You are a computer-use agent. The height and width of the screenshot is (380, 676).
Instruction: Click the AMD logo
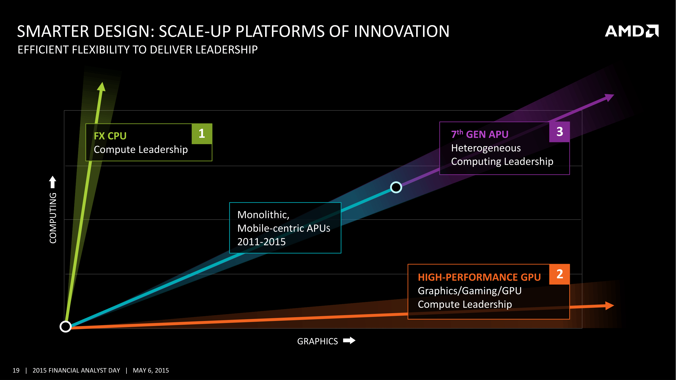(631, 31)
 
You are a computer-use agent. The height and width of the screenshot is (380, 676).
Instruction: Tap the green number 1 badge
(202, 134)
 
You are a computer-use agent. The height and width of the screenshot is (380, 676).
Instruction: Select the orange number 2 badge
(559, 274)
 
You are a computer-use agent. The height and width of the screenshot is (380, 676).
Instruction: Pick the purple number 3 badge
(559, 132)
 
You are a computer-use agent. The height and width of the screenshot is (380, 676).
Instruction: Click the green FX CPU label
(110, 136)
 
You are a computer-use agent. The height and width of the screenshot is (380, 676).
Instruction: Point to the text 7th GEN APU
(480, 134)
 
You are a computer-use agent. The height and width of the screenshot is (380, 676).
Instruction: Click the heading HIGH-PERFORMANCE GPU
(479, 277)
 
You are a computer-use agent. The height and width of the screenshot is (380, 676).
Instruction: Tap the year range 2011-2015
(261, 242)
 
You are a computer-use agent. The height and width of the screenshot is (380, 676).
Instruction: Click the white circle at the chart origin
(66, 327)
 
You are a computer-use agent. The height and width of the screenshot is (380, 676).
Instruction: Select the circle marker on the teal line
(396, 187)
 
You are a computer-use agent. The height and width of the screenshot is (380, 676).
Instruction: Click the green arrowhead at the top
(102, 87)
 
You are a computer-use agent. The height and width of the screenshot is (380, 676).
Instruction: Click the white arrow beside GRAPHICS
(349, 341)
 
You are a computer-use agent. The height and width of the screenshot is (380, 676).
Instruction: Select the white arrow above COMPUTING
(53, 182)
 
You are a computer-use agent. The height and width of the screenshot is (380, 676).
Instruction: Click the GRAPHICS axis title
(317, 341)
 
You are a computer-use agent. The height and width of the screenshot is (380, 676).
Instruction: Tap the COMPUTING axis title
(53, 218)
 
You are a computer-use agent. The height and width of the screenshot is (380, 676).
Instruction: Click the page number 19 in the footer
(16, 370)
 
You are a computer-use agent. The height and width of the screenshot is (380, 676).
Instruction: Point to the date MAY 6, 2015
(151, 370)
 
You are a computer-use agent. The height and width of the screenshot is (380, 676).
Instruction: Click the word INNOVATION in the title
(401, 31)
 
